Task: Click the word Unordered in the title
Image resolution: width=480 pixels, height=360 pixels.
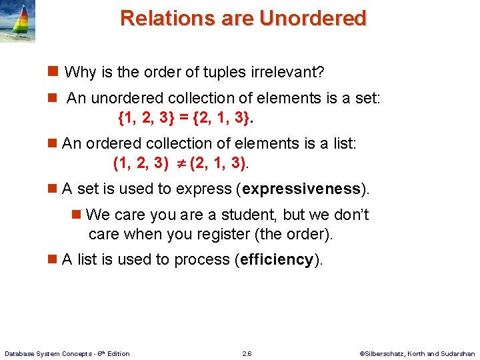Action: (x=313, y=18)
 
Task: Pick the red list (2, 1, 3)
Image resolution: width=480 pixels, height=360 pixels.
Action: (x=217, y=162)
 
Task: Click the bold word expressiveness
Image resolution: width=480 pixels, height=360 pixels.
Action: (x=301, y=189)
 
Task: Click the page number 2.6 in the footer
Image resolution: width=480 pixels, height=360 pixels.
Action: (x=247, y=353)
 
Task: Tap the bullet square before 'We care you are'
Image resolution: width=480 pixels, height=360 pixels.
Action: (x=77, y=215)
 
